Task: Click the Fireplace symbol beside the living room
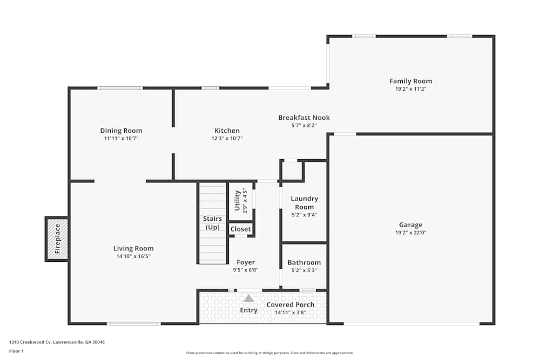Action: [57, 239]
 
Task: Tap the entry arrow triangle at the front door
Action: [248, 298]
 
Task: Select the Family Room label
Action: [410, 81]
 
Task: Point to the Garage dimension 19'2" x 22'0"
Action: [410, 233]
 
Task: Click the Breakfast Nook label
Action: [304, 118]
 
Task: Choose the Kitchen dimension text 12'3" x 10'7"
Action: [227, 138]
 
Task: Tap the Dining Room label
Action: [121, 131]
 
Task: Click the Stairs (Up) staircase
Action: [213, 223]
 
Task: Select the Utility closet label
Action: [237, 200]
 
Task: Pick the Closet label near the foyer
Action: [240, 229]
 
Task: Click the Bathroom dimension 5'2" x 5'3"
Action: [304, 270]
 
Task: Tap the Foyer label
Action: [246, 263]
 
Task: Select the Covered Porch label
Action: [291, 305]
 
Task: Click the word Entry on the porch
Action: [249, 310]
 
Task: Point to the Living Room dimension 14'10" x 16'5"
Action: [133, 256]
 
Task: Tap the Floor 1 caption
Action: [16, 351]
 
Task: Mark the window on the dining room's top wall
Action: [120, 87]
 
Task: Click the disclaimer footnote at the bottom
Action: [270, 354]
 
